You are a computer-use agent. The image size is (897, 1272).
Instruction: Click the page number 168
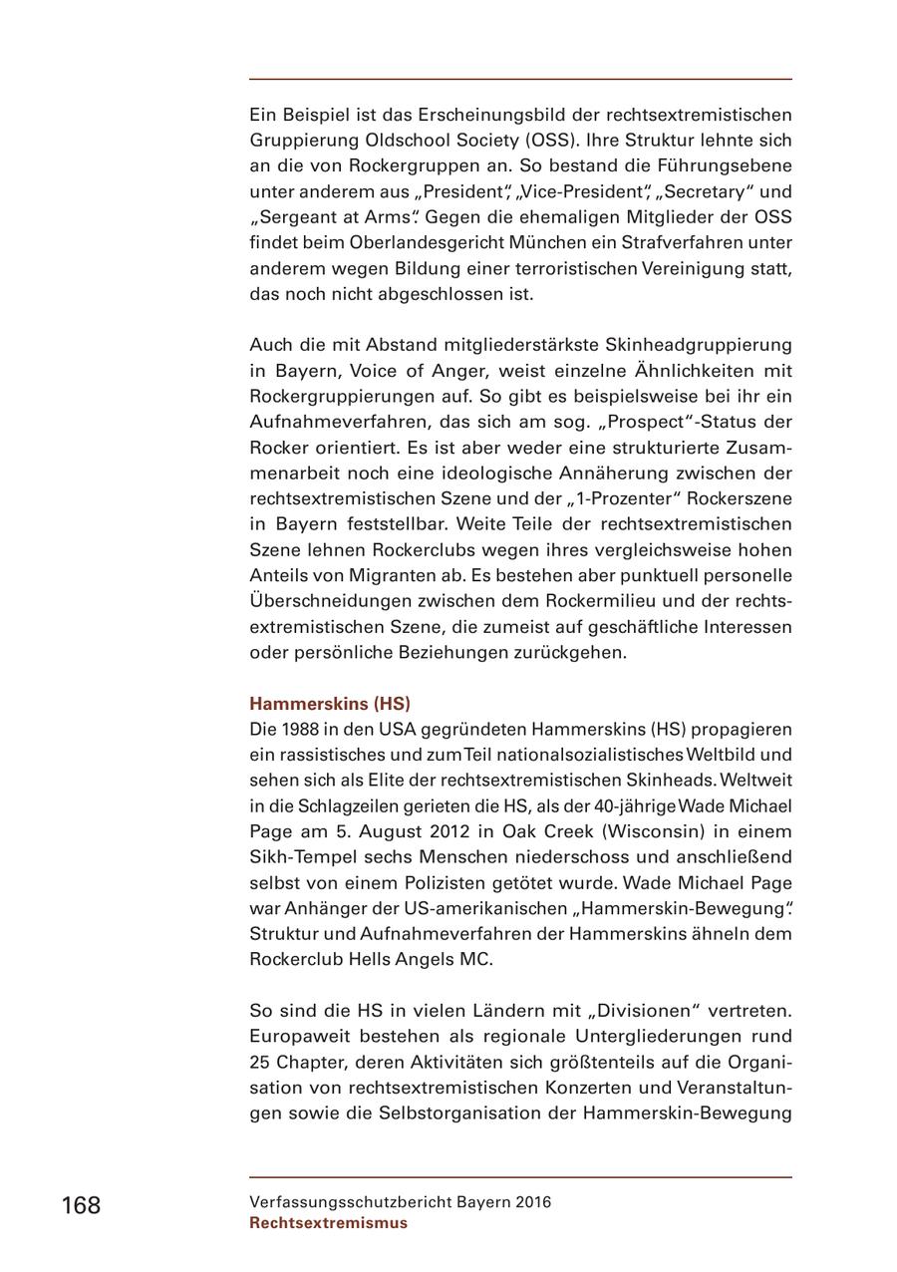pyautogui.click(x=81, y=1205)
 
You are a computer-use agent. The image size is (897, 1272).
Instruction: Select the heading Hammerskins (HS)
pyautogui.click(x=329, y=703)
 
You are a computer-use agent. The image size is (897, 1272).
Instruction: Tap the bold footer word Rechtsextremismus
pyautogui.click(x=328, y=1223)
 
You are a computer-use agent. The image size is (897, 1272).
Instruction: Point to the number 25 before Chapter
pyautogui.click(x=261, y=1062)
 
